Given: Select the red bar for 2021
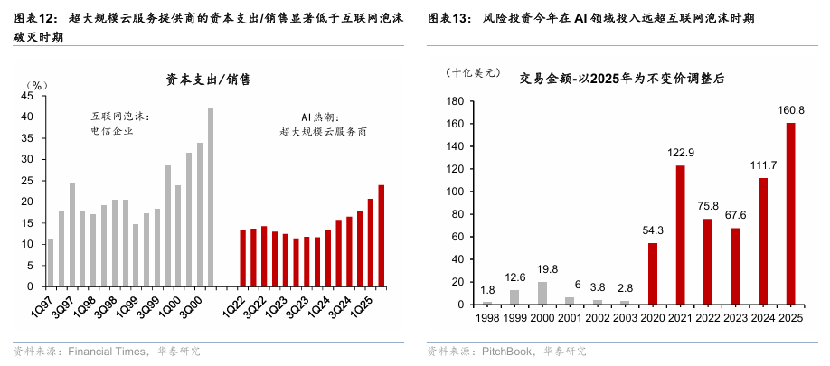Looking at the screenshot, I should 680,235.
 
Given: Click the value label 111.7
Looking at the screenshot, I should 762,165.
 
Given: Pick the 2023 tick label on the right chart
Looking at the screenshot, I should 735,318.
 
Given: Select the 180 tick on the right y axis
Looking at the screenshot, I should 454,101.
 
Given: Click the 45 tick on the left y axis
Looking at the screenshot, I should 27,96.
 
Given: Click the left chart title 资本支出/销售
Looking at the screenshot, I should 208,80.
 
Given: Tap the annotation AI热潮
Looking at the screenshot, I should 320,117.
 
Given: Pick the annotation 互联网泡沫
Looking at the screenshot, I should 119,117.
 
